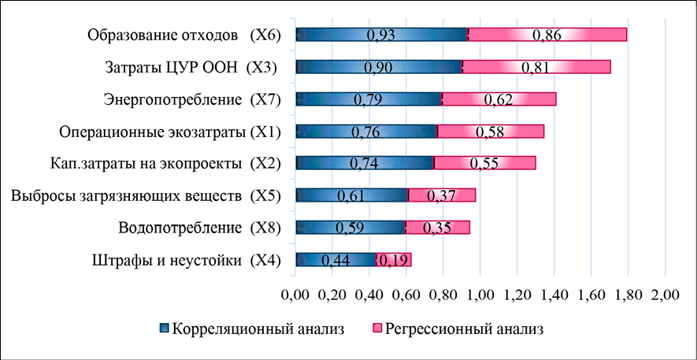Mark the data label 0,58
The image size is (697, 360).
pyautogui.click(x=490, y=132)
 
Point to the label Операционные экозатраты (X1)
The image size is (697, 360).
pyautogui.click(x=172, y=132)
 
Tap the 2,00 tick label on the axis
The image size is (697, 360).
pyautogui.click(x=665, y=295)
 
